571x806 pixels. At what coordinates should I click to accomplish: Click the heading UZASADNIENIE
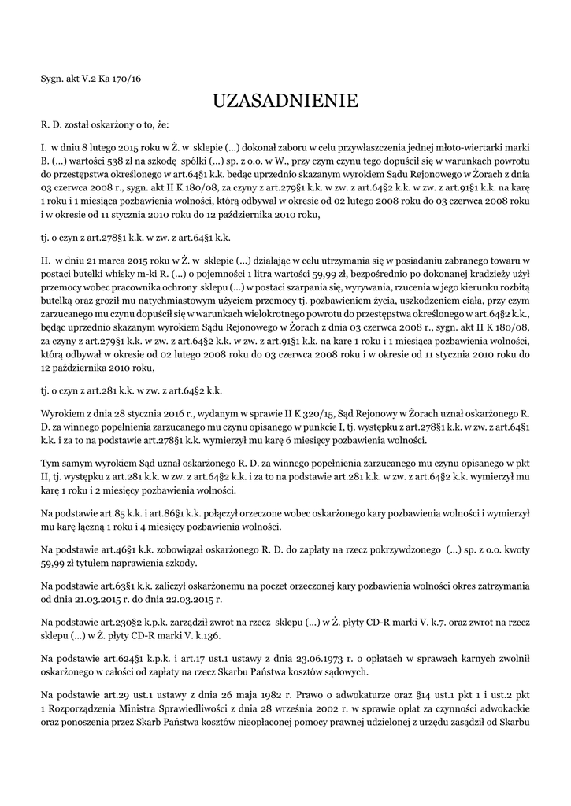tap(285, 101)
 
